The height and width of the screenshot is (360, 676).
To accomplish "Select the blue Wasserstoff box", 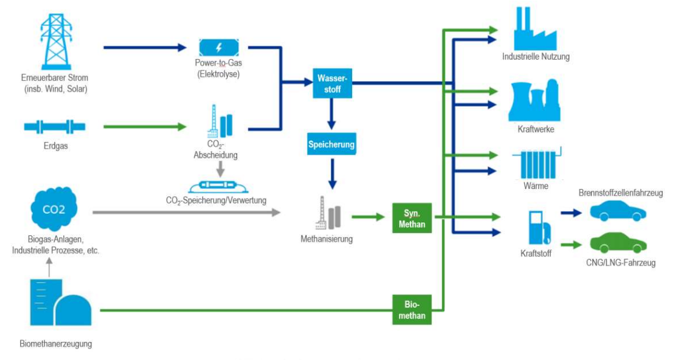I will click(331, 82).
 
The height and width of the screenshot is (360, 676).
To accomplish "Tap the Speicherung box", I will click(331, 144).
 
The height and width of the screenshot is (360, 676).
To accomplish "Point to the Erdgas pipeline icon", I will click(54, 126).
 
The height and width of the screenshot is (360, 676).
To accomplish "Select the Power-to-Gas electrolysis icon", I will click(218, 47).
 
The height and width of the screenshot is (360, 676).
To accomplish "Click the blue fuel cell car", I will click(618, 211).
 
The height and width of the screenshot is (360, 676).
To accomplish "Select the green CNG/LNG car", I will click(618, 243).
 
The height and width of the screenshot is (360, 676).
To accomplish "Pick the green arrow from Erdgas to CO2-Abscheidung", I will click(144, 126).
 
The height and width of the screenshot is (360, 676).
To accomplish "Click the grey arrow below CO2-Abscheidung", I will click(220, 169).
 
